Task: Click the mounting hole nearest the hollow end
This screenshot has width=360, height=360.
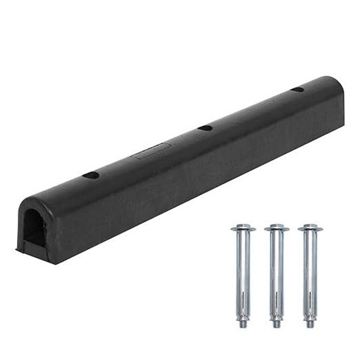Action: (x=91, y=175)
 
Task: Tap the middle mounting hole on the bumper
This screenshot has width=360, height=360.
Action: (x=205, y=128)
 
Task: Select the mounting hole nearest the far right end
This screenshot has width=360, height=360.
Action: (x=297, y=90)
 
